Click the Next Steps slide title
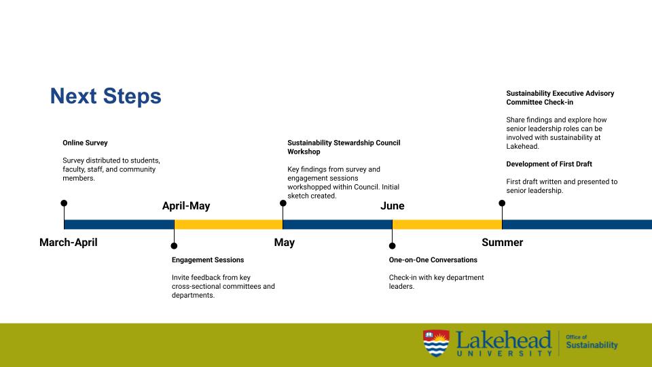[105, 97]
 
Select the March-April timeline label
[68, 243]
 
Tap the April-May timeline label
[186, 206]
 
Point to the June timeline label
[392, 206]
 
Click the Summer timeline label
[502, 243]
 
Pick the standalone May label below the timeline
[284, 243]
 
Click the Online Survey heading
[85, 143]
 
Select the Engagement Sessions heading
[207, 260]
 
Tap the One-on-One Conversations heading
[433, 260]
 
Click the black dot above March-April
[64, 203]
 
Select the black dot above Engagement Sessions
[174, 246]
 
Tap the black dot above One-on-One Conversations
[392, 246]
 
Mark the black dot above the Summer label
[502, 203]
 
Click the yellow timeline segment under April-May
[228, 224]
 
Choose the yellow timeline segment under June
[447, 224]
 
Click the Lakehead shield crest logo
[435, 343]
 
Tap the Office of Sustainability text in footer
[592, 342]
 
